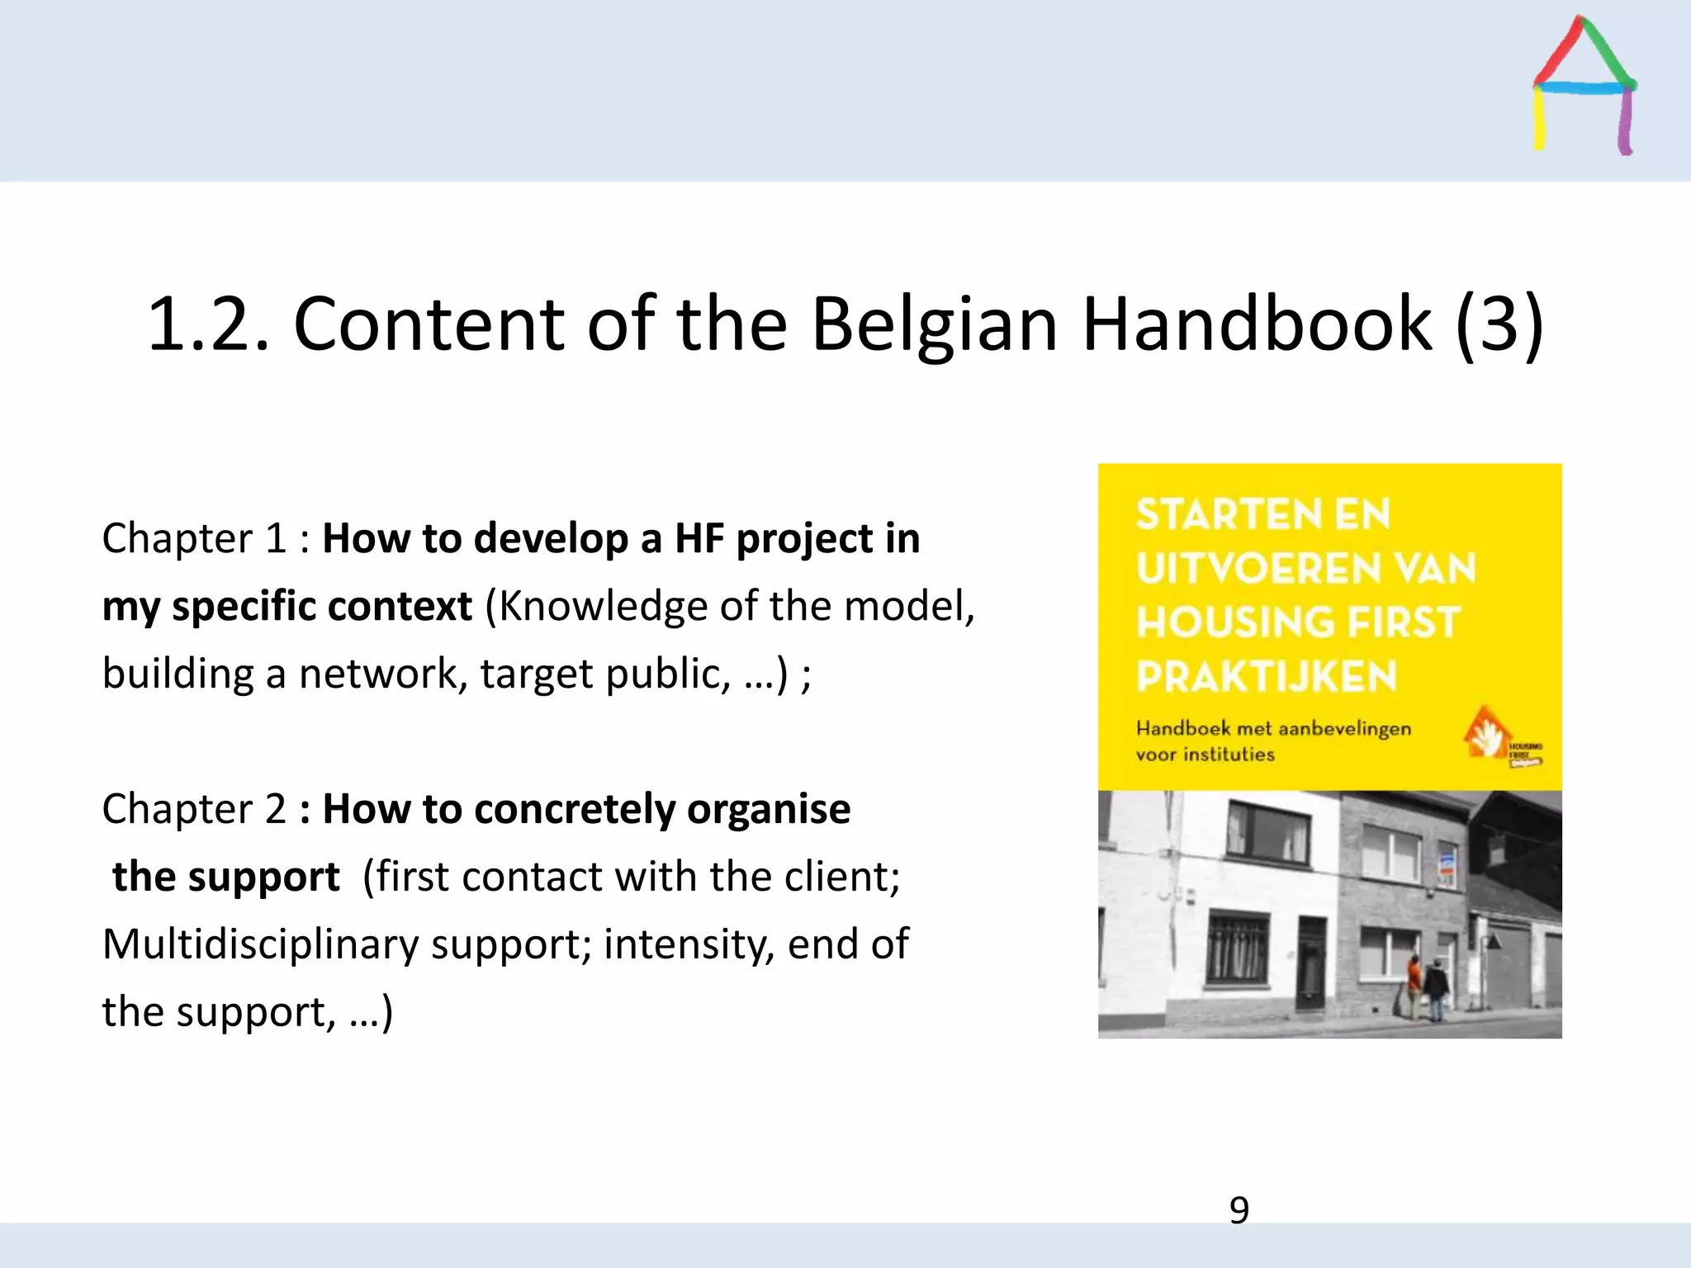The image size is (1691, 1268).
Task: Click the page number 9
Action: [1239, 1210]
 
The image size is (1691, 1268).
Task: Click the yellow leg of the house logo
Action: [1539, 120]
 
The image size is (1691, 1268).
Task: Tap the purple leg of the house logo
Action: [1624, 124]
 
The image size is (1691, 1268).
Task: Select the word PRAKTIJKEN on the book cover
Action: [1266, 677]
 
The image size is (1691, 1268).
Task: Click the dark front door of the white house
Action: [1310, 962]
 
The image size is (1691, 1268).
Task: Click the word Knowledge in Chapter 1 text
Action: [602, 607]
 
